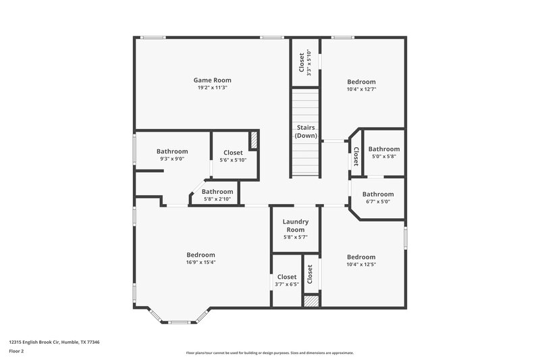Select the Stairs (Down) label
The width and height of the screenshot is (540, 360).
(x=305, y=131)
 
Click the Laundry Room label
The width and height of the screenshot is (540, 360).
(x=295, y=225)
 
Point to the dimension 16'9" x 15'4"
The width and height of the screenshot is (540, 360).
(x=200, y=263)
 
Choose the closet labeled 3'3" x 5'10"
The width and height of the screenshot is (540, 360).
(x=304, y=62)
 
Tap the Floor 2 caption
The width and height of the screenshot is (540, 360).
(x=17, y=351)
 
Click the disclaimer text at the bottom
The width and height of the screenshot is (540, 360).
(x=269, y=353)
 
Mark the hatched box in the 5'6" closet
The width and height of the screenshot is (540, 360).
(x=254, y=140)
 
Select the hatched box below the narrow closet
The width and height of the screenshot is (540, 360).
(x=310, y=301)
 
